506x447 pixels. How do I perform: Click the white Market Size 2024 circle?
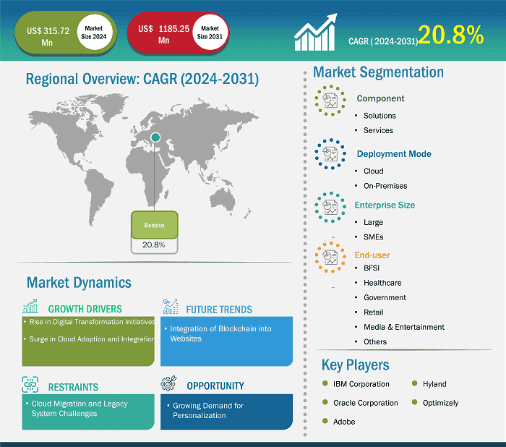(94, 33)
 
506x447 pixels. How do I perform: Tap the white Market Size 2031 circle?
(210, 33)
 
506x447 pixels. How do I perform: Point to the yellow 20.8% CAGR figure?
(451, 35)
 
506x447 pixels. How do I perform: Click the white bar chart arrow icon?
(316, 33)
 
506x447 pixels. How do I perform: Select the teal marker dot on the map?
(155, 137)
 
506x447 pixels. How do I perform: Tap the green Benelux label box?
(154, 225)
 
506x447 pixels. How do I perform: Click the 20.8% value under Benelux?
(153, 244)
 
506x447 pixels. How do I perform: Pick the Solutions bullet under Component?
(379, 116)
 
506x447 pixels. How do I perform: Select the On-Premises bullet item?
(385, 186)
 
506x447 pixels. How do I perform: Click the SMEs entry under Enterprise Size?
(374, 237)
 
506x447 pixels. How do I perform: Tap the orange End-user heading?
(372, 255)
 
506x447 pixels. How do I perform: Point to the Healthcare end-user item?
(382, 283)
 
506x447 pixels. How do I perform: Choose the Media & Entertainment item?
(404, 327)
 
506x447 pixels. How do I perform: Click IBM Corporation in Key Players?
(361, 384)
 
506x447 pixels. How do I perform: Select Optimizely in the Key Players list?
(440, 403)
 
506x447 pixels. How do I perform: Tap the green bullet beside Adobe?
(325, 421)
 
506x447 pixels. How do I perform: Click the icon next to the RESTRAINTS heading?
(30, 384)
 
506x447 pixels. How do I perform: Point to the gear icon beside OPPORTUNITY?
(168, 383)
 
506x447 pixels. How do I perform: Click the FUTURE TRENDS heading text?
(219, 310)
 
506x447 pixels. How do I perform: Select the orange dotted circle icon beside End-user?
(330, 257)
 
